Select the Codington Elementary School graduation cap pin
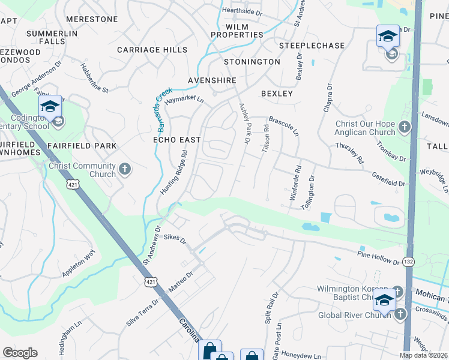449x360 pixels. (50, 107)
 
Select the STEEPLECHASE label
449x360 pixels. (312, 46)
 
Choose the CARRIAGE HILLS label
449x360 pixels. (152, 50)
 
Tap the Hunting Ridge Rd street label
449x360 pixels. (175, 172)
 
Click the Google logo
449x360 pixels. (20, 353)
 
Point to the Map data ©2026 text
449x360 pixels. (424, 355)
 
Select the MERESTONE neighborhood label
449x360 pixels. (92, 19)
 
